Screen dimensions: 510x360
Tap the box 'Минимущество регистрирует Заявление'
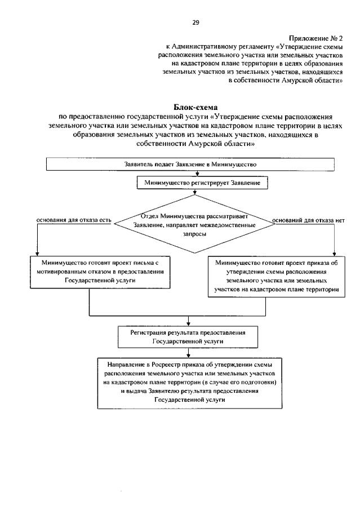194,183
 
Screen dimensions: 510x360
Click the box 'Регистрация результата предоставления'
190,337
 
